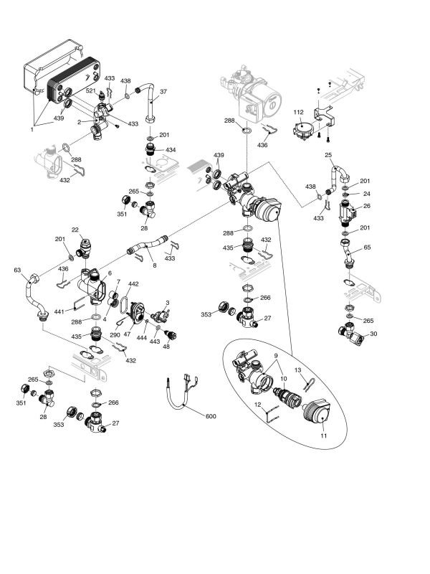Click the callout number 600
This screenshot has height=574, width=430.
210,417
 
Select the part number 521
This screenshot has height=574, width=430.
91,91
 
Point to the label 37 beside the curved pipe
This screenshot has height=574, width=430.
163,91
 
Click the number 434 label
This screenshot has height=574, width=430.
171,150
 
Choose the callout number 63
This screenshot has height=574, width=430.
17,270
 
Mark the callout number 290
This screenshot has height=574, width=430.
114,336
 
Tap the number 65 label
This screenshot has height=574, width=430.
368,247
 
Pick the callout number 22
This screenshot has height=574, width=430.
75,230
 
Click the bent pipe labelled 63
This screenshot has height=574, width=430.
32,294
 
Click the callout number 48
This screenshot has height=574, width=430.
166,347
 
